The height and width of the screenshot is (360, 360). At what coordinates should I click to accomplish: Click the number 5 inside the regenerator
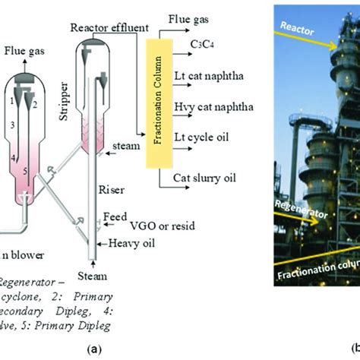(26, 172)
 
